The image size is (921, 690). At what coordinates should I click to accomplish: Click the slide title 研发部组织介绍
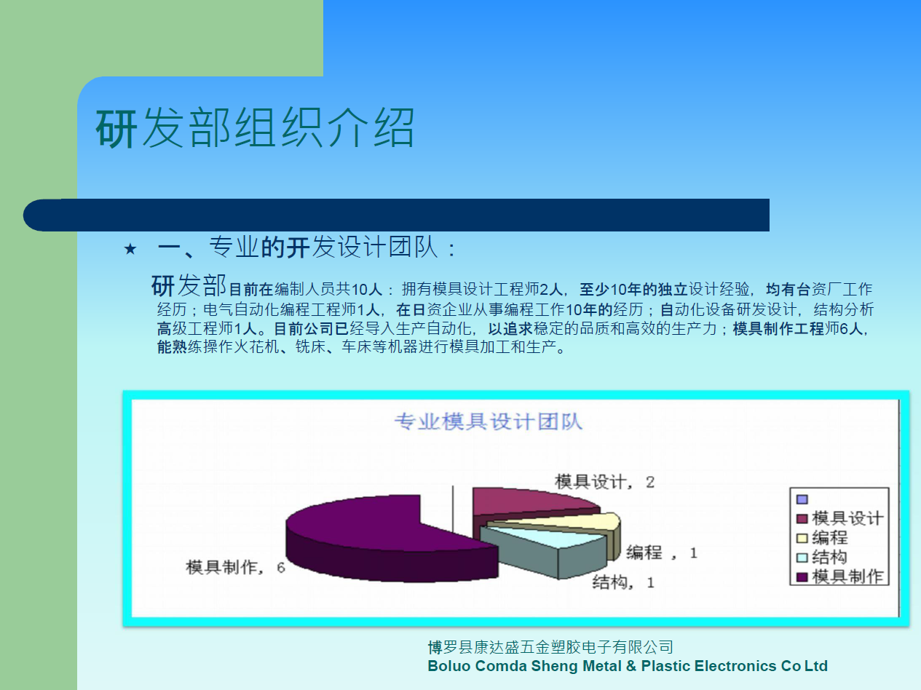(255, 127)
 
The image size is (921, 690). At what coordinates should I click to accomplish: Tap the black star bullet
(130, 249)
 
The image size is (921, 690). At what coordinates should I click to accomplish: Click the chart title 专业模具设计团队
(488, 421)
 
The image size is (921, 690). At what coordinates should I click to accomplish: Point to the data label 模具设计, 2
(604, 482)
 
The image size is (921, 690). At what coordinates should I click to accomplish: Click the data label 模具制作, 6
(235, 567)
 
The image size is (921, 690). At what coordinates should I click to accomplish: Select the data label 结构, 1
(623, 582)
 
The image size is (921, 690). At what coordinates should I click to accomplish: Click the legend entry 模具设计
(840, 518)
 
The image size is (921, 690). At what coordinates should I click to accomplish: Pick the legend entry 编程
(823, 538)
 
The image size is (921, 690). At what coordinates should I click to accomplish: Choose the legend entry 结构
(822, 558)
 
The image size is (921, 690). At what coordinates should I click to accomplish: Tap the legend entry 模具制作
(840, 576)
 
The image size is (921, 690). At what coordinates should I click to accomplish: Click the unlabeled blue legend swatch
(802, 499)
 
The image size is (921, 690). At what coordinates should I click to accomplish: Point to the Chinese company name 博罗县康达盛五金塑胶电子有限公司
(550, 647)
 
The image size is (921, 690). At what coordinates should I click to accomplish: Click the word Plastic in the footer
(666, 666)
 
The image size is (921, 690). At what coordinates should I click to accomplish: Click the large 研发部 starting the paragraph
(189, 285)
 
